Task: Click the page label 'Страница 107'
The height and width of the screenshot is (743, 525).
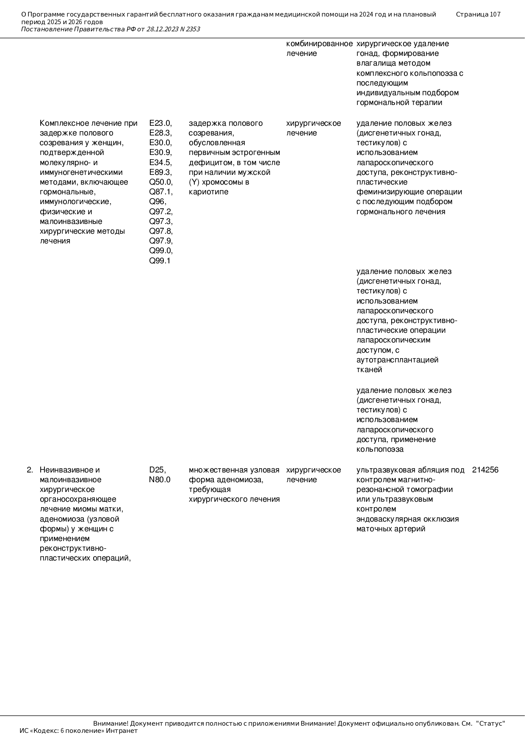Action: coord(478,14)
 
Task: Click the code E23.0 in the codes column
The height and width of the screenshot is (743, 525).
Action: coord(160,123)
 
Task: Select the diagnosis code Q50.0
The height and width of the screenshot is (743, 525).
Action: coord(160,182)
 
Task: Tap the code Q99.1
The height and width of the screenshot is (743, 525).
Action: coord(160,260)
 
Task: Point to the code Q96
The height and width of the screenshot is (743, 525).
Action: coord(157,202)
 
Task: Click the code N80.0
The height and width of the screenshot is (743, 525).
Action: coord(160,480)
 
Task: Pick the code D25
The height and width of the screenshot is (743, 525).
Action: coord(157,470)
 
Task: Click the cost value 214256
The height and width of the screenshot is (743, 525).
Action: coord(485,470)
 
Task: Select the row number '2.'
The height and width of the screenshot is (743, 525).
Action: coord(30,470)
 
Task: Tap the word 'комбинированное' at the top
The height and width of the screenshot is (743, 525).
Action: coord(319,44)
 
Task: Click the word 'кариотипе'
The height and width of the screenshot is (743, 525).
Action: coord(208,192)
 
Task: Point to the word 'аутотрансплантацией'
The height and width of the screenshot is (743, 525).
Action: coord(397,360)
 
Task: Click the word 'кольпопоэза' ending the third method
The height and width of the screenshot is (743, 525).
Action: coord(380,449)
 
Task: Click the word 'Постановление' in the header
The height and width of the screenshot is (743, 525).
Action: coord(47,29)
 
